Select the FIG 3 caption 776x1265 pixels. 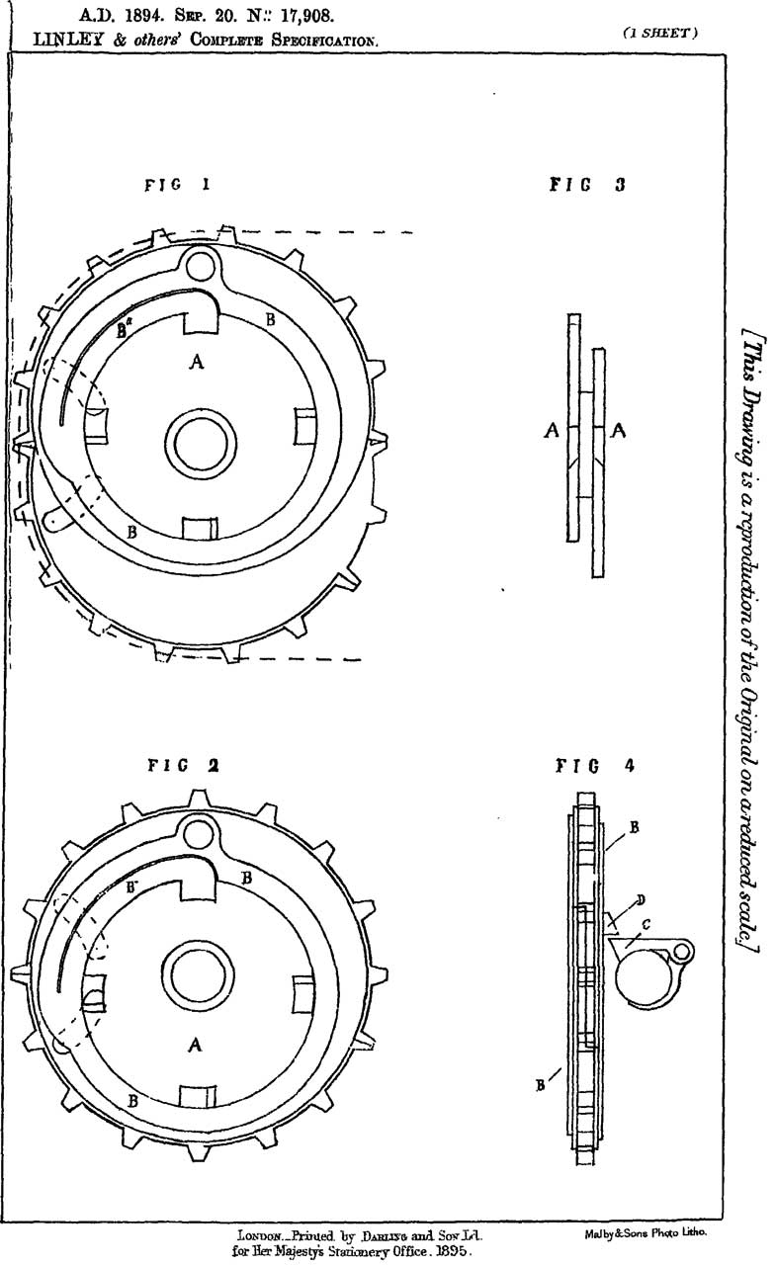[x=587, y=184]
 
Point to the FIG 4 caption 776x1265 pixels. [x=589, y=765]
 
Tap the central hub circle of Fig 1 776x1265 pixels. [x=197, y=436]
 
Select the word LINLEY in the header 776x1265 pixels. [x=69, y=41]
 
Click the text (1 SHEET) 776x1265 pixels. [x=661, y=32]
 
